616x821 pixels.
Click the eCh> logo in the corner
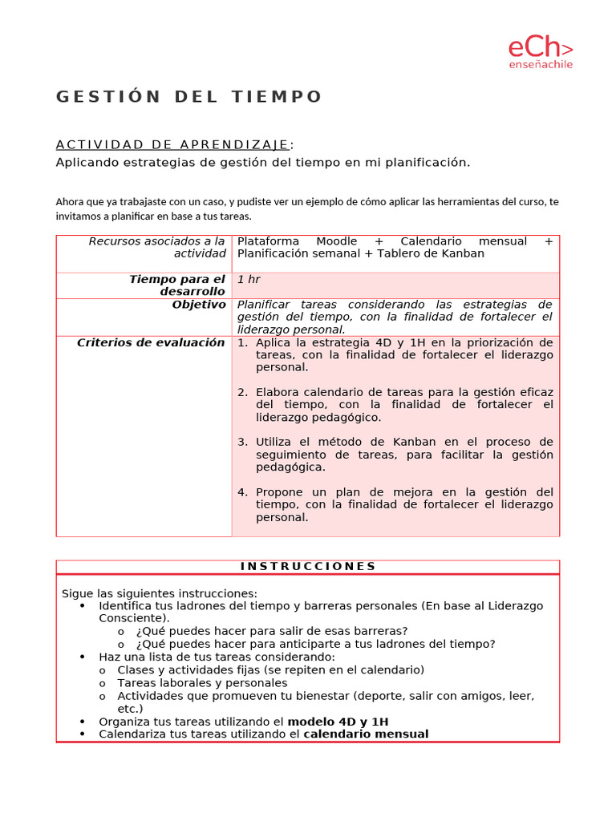pos(540,47)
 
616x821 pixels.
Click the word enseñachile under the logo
pos(541,65)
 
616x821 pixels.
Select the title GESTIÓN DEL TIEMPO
pos(188,97)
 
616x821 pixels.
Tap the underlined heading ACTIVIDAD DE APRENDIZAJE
pos(172,144)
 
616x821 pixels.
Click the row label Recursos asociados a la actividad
pos(157,247)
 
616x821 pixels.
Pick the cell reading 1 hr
pos(249,279)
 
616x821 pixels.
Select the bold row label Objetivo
pos(199,305)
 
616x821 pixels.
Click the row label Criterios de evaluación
pos(151,342)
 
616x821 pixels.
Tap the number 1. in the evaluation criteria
pos(243,342)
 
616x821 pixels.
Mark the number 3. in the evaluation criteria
pos(243,442)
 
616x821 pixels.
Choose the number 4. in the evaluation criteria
pos(243,491)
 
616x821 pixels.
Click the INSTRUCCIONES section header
pos(308,566)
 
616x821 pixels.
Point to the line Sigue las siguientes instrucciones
pos(160,593)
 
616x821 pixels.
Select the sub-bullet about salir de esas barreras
pos(271,630)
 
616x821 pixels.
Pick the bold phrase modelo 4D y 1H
pos(338,722)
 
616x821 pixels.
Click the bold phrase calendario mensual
pos(366,734)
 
